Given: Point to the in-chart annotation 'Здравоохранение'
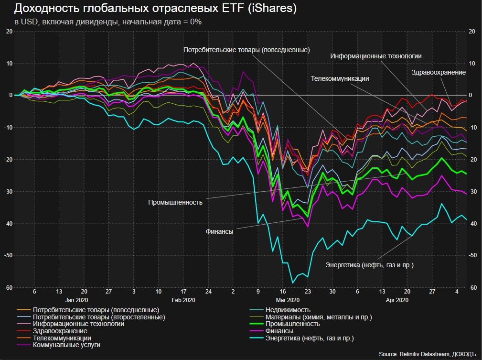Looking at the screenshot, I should [x=438, y=72].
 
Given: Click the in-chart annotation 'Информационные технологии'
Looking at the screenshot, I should [x=376, y=56].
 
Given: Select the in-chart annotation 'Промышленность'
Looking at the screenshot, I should [x=175, y=202].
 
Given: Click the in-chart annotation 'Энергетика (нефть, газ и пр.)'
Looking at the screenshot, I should [x=369, y=265].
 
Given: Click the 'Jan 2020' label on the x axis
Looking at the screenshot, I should [x=76, y=300].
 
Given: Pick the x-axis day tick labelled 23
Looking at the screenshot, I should [x=308, y=291].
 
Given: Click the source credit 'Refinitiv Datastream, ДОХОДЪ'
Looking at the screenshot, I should [x=428, y=354].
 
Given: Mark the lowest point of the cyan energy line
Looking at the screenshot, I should [x=293, y=283].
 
